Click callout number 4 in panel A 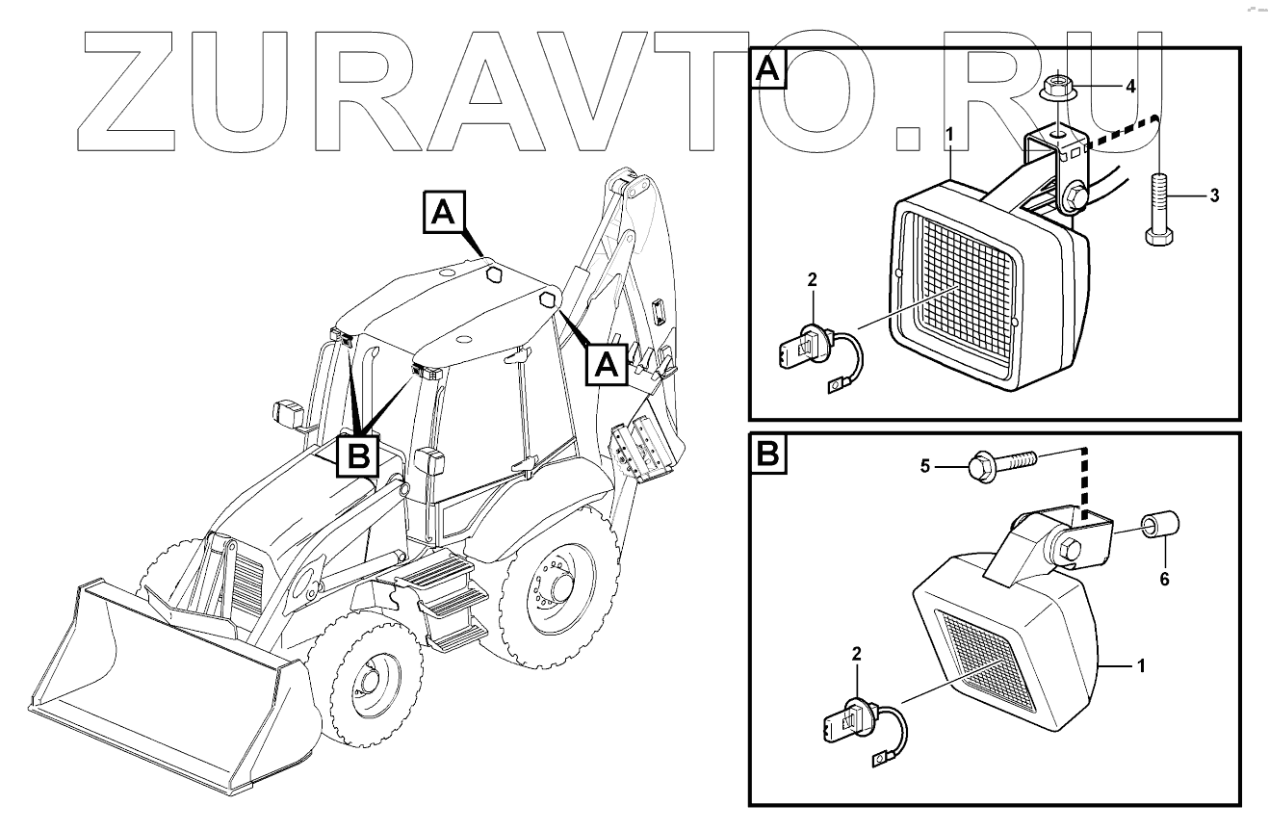[1130, 86]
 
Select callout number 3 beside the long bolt [1214, 195]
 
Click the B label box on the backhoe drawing [358, 456]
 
